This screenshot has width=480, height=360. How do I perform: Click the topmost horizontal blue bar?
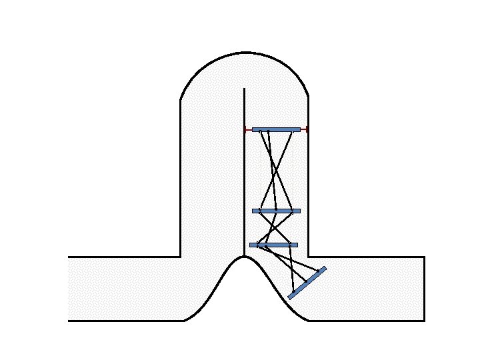click(276, 129)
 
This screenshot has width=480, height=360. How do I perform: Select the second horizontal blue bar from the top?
click(276, 211)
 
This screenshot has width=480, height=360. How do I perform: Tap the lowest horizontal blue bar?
click(273, 245)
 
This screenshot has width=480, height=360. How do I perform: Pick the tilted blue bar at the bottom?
click(307, 283)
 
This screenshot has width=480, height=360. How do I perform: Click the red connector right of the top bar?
click(304, 129)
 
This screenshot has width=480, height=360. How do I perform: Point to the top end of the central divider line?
click(245, 88)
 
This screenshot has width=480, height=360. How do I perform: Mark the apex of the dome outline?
click(245, 52)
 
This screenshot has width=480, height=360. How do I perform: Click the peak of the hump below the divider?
click(245, 256)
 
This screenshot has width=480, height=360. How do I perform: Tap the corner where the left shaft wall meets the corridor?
click(181, 257)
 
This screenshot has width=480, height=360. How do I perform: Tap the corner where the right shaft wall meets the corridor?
click(308, 257)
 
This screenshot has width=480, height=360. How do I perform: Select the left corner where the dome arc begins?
click(181, 101)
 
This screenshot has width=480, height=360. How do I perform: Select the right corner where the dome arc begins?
click(308, 98)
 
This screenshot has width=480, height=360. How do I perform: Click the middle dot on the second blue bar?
click(276, 210)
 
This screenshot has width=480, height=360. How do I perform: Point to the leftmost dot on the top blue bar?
click(260, 131)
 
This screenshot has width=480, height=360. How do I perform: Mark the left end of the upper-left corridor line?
click(68, 257)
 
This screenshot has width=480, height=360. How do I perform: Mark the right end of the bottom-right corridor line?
click(425, 321)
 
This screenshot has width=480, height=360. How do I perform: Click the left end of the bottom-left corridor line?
click(68, 321)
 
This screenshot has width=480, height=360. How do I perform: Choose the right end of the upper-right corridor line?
click(425, 257)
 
